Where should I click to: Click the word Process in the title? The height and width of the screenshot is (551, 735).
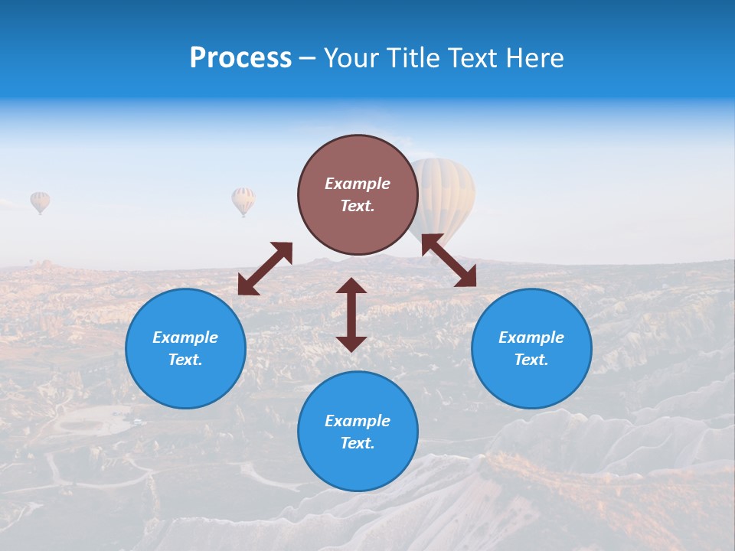click(x=240, y=58)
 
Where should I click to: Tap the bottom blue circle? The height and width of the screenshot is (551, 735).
click(x=358, y=467)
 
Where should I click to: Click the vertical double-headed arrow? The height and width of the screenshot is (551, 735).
click(x=351, y=315)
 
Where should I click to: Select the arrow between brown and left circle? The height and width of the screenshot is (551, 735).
click(x=265, y=269)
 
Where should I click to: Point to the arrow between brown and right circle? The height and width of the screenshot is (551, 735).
click(x=449, y=260)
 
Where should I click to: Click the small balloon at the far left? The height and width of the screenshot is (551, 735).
click(x=40, y=201)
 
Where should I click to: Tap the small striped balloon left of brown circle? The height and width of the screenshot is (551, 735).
click(x=243, y=200)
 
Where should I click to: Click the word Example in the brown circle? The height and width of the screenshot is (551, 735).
click(x=358, y=184)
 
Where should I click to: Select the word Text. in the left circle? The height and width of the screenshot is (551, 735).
click(x=185, y=360)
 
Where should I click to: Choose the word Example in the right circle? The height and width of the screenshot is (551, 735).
click(x=531, y=337)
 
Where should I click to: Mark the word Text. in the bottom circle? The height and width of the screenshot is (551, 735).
click(x=358, y=443)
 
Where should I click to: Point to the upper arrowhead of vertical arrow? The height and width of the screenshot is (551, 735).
click(x=351, y=285)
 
